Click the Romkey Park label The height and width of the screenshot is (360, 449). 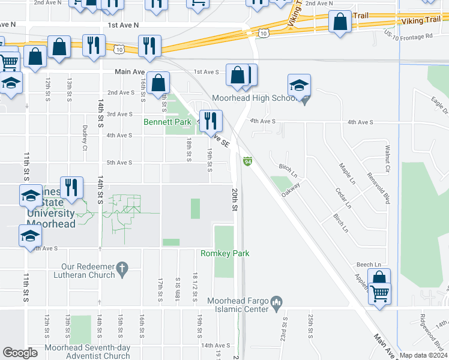coord(225,254)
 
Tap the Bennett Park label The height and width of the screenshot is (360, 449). coord(167,122)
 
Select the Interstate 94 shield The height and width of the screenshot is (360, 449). coord(247,161)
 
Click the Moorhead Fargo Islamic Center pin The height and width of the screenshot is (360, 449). coord(277,300)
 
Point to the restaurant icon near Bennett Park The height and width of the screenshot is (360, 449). coord(209,120)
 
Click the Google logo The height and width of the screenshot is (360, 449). coord(20,353)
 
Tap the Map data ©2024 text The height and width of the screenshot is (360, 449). coord(423,355)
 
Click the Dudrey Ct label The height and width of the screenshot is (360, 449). coord(85,138)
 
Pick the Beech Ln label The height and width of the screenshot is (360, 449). coord(369,265)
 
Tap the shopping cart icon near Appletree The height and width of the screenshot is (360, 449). coord(379,295)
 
